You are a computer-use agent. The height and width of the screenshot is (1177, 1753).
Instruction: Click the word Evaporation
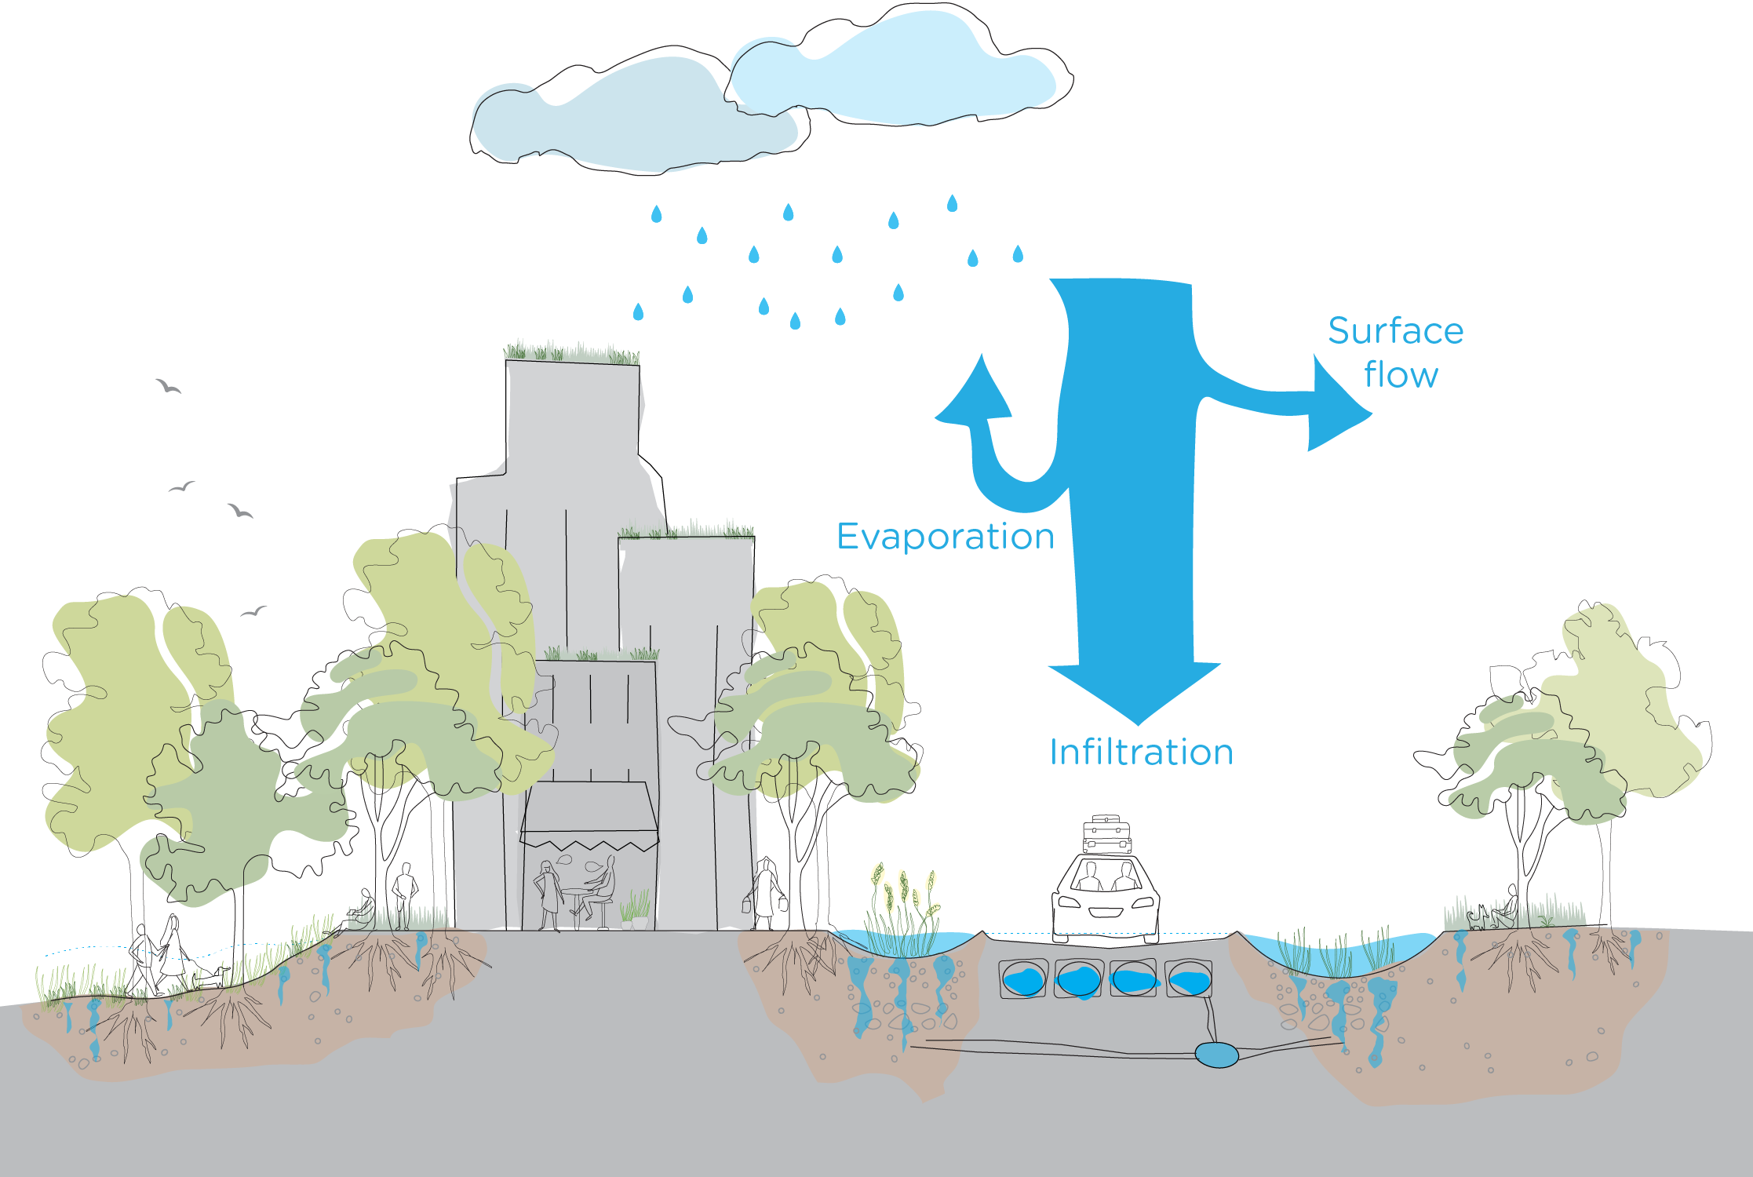(945, 537)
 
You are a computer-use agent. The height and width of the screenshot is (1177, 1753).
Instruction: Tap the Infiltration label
(1141, 752)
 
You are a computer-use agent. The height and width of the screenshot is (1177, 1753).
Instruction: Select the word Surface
(1395, 331)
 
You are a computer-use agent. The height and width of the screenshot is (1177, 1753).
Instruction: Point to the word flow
(1401, 375)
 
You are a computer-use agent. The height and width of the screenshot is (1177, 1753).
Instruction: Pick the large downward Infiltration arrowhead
(1135, 691)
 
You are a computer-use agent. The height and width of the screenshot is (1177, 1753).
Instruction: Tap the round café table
(578, 893)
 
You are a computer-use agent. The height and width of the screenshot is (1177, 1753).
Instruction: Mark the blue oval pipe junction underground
(1216, 1055)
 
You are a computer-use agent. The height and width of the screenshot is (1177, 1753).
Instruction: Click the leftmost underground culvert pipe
(1023, 980)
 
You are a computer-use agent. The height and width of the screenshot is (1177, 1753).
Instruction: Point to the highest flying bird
(168, 386)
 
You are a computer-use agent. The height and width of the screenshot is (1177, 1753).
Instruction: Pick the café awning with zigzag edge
(589, 816)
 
